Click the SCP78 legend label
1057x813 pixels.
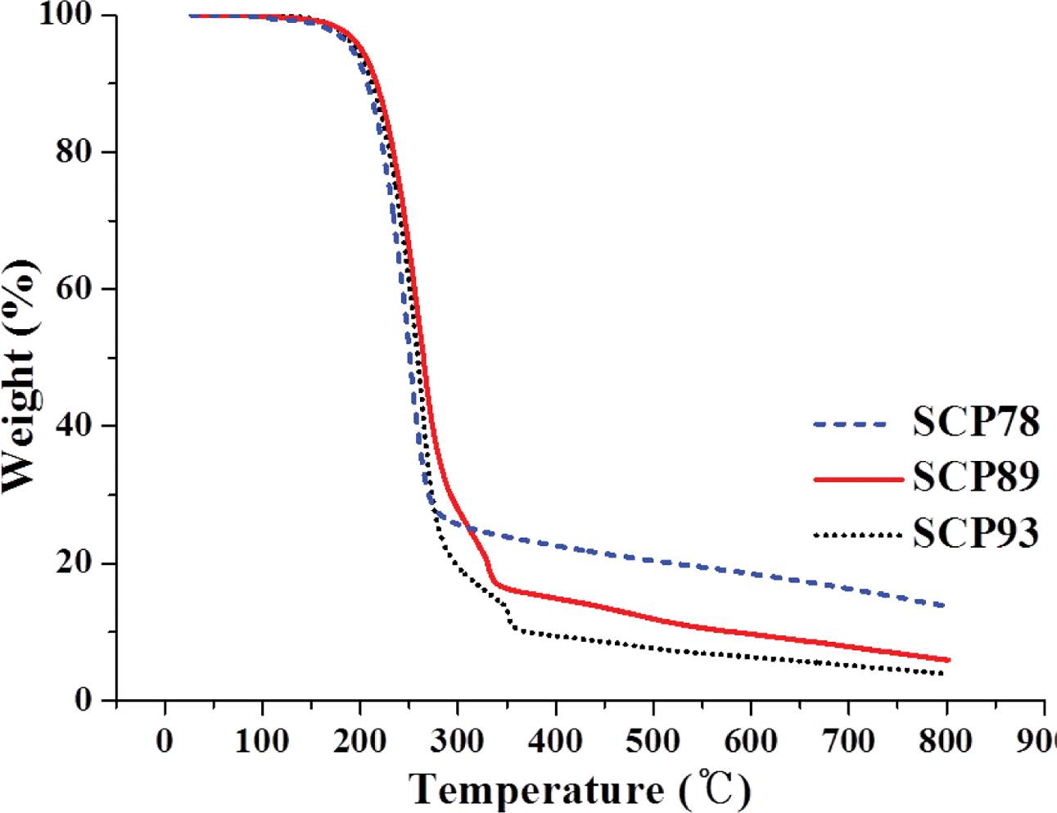tap(975, 422)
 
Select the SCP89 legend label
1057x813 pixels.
tap(975, 477)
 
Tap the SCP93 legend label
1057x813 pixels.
tap(975, 534)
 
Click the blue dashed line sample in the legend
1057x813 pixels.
tap(851, 424)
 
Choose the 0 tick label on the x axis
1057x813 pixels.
tap(165, 741)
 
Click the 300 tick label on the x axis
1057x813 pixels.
tap(458, 741)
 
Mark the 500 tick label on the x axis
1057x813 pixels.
tap(653, 741)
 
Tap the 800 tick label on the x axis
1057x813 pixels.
tap(946, 741)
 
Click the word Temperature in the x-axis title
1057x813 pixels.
tap(537, 789)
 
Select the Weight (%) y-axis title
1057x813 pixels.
tap(20, 377)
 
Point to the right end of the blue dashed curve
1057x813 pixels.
tap(943, 605)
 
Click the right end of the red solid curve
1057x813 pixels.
tap(948, 659)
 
